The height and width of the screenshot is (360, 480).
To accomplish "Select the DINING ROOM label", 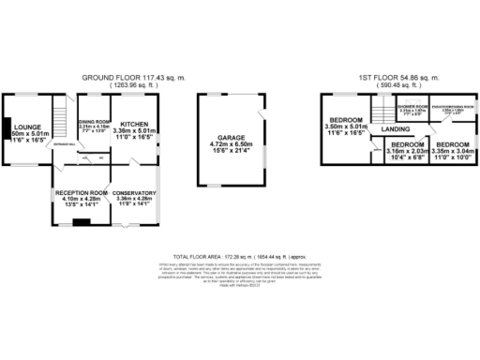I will pos(94,122).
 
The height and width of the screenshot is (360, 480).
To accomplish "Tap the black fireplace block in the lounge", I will pos(6,128).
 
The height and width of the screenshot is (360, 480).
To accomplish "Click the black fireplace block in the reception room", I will pos(82,222).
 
